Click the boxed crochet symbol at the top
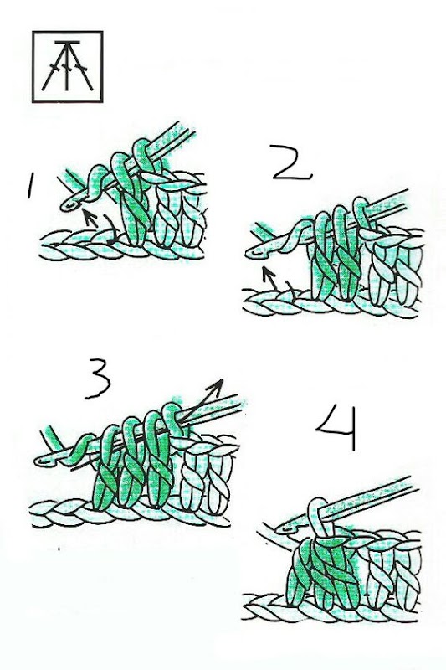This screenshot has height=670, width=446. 68,67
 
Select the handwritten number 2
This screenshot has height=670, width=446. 292,162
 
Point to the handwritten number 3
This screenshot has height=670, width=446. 97,379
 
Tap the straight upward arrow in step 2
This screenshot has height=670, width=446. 270,278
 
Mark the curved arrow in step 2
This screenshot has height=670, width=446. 291,291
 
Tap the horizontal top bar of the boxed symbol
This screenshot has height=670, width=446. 67,43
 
